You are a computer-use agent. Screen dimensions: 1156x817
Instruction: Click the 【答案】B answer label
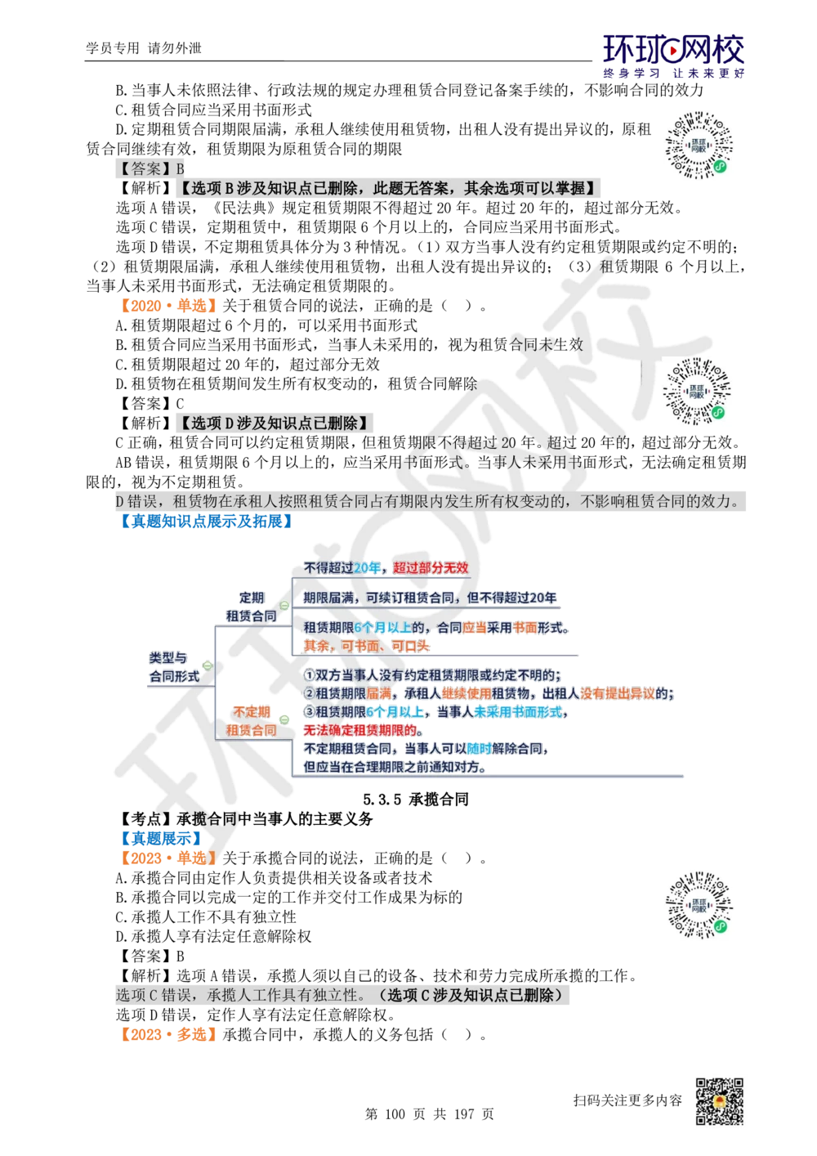click(x=150, y=169)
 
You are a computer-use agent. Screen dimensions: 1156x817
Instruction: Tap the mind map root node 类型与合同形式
click(x=174, y=667)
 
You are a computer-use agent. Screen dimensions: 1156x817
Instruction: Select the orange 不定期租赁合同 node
click(x=251, y=720)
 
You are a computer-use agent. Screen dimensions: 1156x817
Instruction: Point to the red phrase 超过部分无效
click(x=431, y=567)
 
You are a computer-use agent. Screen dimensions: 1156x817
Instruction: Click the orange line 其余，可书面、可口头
click(x=365, y=645)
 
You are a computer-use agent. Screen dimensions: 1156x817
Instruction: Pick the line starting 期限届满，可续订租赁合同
click(x=430, y=598)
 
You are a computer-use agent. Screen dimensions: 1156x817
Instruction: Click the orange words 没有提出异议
click(x=626, y=693)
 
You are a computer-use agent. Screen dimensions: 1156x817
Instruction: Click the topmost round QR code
click(x=699, y=144)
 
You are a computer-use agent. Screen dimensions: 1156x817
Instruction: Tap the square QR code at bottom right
click(x=718, y=1102)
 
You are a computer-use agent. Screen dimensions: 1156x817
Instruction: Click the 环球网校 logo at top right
click(x=673, y=55)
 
